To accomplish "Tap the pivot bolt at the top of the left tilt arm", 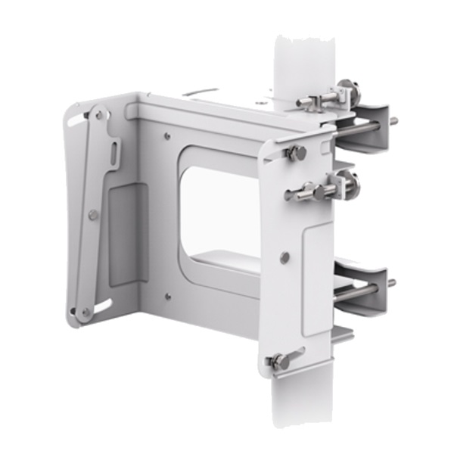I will point(97,115).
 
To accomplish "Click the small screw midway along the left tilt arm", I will point(92,215).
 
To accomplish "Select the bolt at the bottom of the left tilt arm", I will point(86,311).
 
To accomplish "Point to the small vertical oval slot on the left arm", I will point(113,154).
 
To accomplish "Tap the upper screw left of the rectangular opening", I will point(167,137).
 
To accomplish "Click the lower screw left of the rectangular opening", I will point(167,295).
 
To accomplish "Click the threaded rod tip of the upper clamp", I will point(393,120).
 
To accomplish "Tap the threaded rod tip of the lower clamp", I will point(392,284).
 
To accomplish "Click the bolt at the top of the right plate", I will point(295,153).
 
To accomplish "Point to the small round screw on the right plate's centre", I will point(285,257).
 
